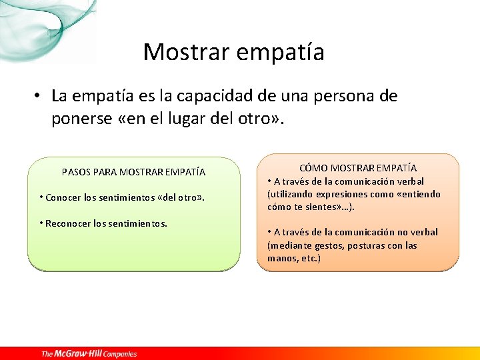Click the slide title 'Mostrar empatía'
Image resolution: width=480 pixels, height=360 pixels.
tap(233, 52)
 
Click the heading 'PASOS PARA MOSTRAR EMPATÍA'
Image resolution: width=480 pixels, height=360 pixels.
tap(133, 172)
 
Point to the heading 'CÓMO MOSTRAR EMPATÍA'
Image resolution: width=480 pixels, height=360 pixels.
tap(358, 168)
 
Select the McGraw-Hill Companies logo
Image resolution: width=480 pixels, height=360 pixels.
tap(89, 353)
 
